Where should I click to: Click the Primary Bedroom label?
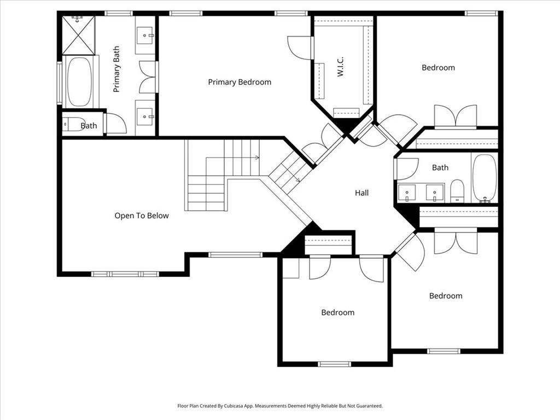pos(240,82)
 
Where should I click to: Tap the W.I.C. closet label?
pos(340,66)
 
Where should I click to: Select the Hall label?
pos(362,193)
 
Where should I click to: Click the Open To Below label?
pos(142,215)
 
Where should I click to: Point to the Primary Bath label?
pos(116,69)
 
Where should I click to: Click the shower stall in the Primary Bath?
pos(79,35)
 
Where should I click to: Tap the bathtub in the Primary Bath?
pos(79,82)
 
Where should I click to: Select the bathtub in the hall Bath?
pos(485,178)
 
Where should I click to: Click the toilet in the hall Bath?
pos(457,191)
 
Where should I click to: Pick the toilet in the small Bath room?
pos(74,124)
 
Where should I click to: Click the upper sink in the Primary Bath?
pos(145,36)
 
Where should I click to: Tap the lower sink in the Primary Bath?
pos(145,116)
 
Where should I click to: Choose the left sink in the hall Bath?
pos(407,193)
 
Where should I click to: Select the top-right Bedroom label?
pos(438,67)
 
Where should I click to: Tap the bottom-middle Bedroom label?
pos(338,312)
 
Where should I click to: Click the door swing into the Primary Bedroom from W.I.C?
pos(299,47)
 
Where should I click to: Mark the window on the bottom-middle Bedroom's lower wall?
pos(335,364)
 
